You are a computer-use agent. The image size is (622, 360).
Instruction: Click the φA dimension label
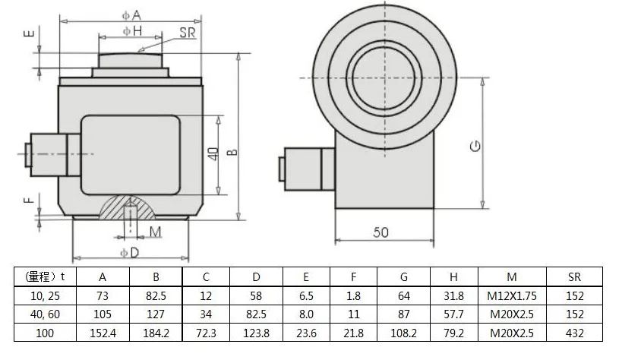coord(131,14)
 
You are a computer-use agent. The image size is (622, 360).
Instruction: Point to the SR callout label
coord(188,32)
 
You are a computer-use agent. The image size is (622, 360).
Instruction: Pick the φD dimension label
coord(131,251)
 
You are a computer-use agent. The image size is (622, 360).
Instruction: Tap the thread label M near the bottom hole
coord(156,232)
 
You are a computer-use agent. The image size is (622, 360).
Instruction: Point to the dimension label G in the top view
coord(475,146)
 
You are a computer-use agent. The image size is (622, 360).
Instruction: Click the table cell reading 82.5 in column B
coord(156,293)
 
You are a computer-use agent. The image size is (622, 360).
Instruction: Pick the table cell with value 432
coord(574,333)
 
